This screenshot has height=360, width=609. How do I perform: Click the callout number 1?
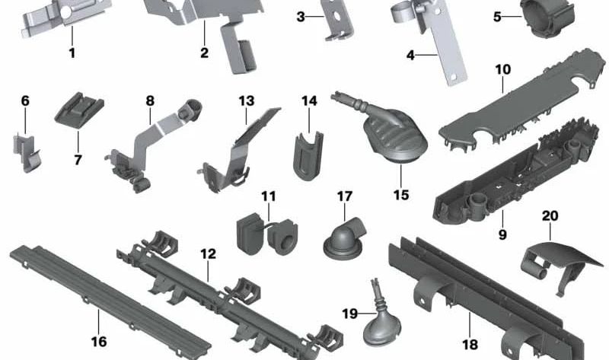pyautogui.click(x=72, y=53)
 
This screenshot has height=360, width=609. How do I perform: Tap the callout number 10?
pyautogui.click(x=502, y=69)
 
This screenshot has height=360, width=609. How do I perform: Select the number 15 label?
pyautogui.click(x=401, y=195)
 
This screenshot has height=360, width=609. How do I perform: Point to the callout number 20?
pyautogui.click(x=550, y=215)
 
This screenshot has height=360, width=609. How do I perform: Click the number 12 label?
pyautogui.click(x=208, y=254)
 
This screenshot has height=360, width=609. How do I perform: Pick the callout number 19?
pyautogui.click(x=349, y=314)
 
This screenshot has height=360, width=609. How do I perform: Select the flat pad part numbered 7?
pyautogui.click(x=79, y=110)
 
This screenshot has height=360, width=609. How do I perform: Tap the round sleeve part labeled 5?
pyautogui.click(x=547, y=18)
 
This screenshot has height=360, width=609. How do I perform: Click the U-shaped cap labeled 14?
pyautogui.click(x=308, y=155)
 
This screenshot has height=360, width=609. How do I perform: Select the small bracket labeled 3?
pyautogui.click(x=339, y=21)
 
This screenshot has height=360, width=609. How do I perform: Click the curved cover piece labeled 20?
pyautogui.click(x=560, y=264)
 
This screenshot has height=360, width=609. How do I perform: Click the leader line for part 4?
pyautogui.click(x=428, y=55)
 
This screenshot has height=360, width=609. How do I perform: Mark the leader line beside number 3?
pyautogui.click(x=315, y=17)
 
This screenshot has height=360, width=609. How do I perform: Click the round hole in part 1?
pyautogui.click(x=66, y=12)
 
